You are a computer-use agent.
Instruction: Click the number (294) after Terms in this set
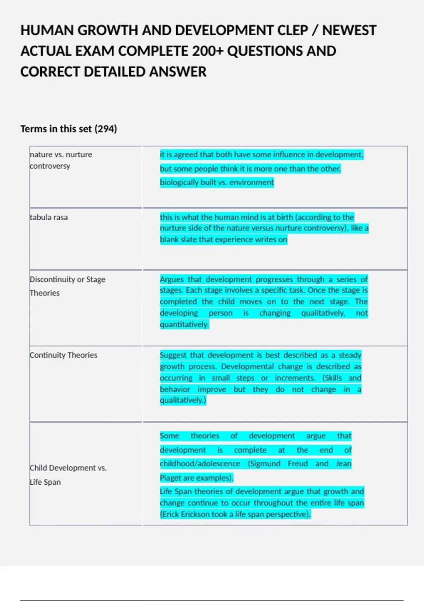pyautogui.click(x=106, y=129)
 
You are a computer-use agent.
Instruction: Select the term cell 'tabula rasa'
pyautogui.click(x=49, y=217)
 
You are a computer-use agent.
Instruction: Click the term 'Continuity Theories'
pyautogui.click(x=64, y=355)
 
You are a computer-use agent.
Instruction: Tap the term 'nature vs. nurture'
pyautogui.click(x=61, y=154)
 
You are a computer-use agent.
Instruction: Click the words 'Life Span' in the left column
pyautogui.click(x=45, y=482)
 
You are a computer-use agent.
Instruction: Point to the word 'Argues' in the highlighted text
pyautogui.click(x=172, y=280)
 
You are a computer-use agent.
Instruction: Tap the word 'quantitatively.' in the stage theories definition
pyautogui.click(x=184, y=325)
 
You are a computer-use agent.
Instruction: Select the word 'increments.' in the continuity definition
pyautogui.click(x=295, y=378)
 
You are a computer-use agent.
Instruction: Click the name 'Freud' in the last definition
pyautogui.click(x=298, y=464)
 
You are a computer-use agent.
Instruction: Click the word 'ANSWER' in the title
pyautogui.click(x=177, y=72)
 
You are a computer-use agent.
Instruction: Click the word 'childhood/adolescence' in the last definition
pyautogui.click(x=200, y=464)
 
